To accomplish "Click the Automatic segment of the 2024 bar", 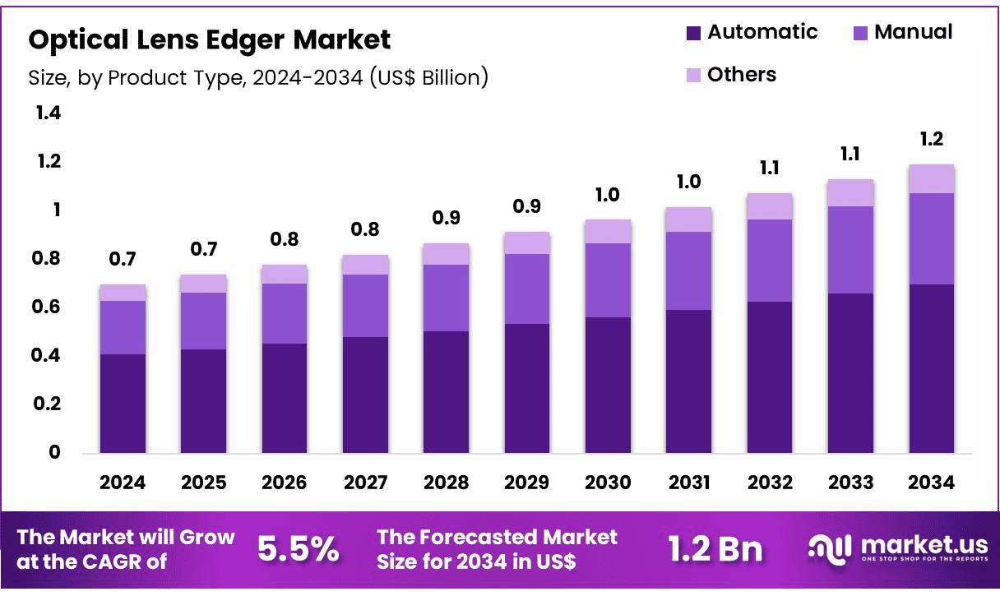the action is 123,404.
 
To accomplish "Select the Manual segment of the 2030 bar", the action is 608,280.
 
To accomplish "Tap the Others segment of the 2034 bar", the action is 932,178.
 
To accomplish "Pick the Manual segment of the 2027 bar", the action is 366,306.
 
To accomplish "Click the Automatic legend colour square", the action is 693,33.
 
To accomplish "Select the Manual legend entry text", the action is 914,32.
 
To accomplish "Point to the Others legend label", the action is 742,75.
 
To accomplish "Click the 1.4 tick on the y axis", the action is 49,113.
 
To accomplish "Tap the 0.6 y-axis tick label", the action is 45,307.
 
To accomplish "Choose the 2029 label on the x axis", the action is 527,483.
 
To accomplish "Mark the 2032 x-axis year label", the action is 770,483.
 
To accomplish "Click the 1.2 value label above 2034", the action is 932,139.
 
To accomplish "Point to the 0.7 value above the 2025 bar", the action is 204,249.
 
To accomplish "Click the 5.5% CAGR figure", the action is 299,548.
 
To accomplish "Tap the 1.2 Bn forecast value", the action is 715,549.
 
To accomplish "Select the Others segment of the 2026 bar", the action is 285,274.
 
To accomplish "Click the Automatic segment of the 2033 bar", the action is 851,373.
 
